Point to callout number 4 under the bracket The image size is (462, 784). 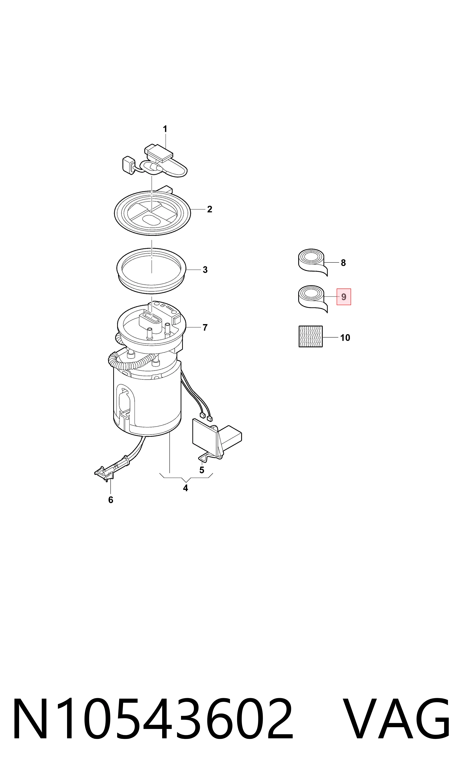pos(185,488)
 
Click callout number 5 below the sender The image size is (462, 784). pos(202,470)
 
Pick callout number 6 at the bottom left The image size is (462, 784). pos(111,500)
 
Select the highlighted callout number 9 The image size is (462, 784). pos(344,297)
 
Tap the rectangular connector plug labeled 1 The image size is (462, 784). pos(159,153)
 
